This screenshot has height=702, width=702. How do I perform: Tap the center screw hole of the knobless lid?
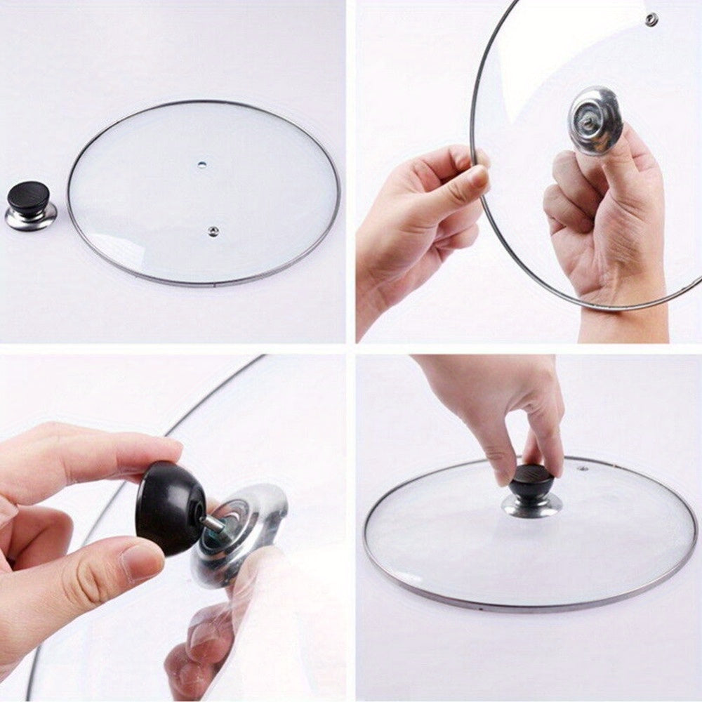pos(202,165)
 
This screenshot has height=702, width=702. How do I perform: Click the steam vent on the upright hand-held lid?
pos(651,19)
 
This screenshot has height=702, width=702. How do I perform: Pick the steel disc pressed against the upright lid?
pos(595,119)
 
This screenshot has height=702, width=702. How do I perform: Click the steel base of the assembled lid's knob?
pos(531,504)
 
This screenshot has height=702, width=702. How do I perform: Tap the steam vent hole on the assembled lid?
pos(582,467)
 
